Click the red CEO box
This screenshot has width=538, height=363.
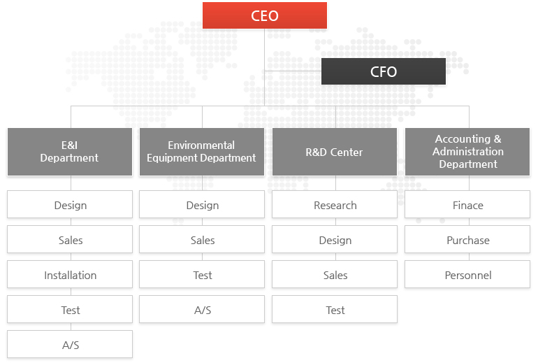265,15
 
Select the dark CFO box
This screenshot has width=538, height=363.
384,71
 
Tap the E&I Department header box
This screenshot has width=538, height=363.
70,152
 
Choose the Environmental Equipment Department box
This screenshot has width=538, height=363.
202,152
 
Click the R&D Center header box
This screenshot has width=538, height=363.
335,152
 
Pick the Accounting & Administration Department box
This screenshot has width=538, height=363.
467,152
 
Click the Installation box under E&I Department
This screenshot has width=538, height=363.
70,274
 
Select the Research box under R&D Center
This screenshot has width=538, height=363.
335,204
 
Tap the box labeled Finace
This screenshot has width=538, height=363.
467,204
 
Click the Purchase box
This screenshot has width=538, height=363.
467,239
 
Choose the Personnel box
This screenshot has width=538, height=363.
467,274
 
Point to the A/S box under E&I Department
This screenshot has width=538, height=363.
70,344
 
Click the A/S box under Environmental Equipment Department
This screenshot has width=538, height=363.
202,309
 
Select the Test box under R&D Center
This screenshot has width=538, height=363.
335,309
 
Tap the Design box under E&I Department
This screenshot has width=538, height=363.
70,204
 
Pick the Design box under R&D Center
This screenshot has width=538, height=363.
335,239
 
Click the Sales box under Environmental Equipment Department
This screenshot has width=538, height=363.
202,239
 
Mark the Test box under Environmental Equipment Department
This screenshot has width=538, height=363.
202,274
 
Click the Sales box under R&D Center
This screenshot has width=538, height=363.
335,274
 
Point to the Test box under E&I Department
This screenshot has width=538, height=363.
70,309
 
